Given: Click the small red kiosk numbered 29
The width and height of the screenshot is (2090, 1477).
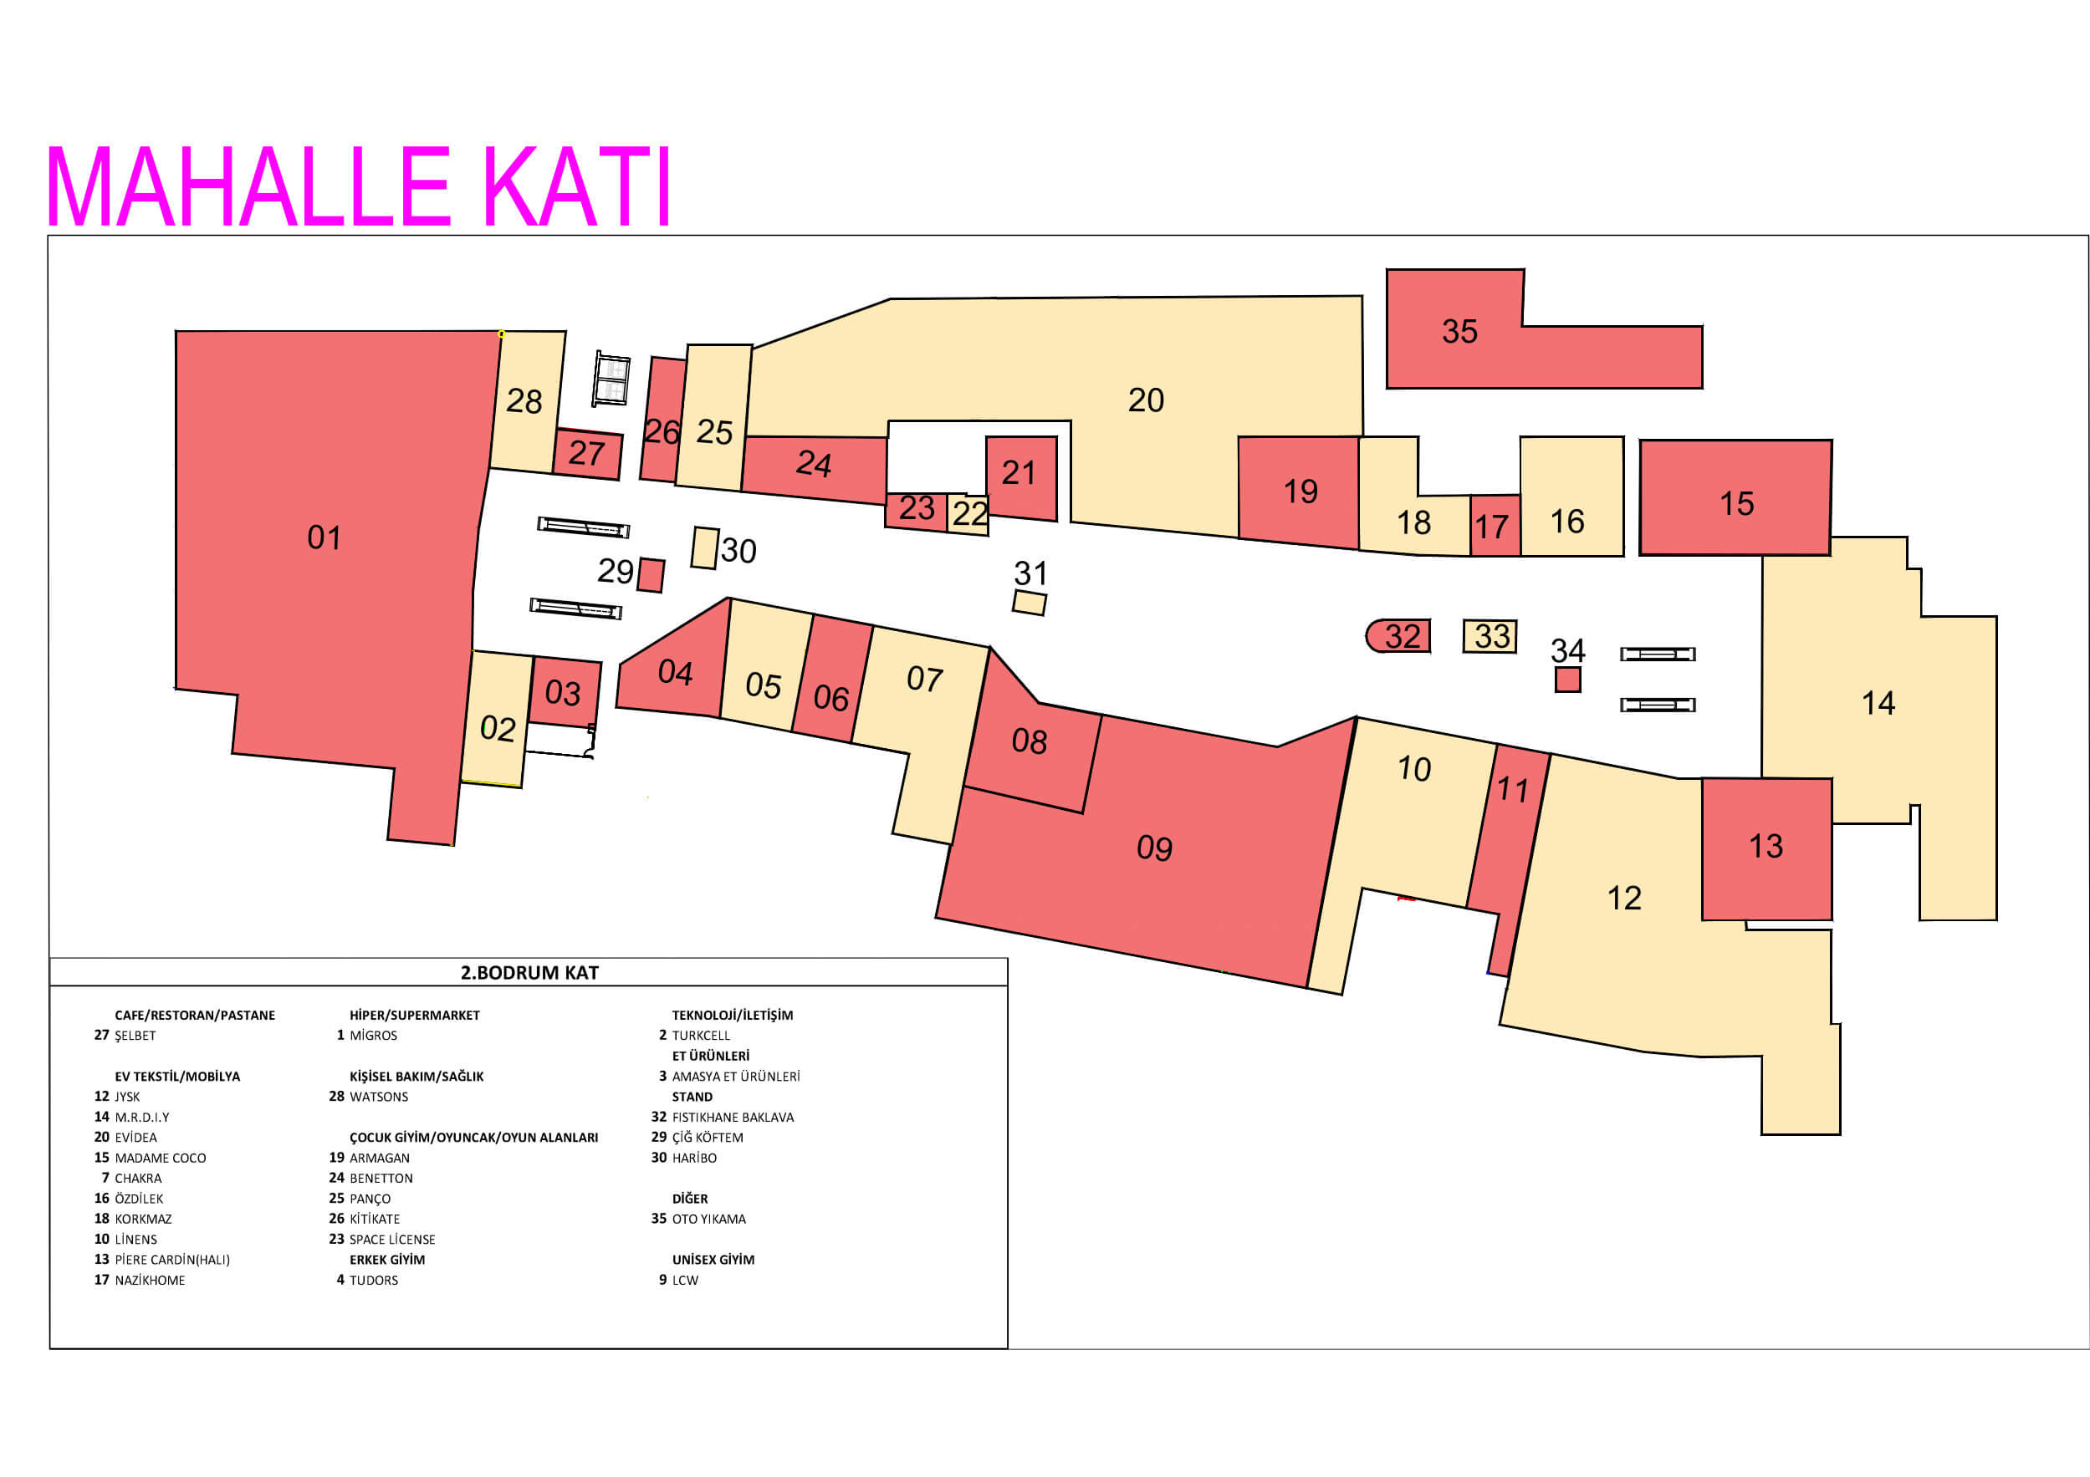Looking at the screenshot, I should [650, 575].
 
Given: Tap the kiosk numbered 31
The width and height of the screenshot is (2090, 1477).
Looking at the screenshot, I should [1029, 603].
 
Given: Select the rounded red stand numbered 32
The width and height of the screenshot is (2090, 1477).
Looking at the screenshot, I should [1398, 636].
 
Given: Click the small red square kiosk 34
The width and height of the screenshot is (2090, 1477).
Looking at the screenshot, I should [1567, 680].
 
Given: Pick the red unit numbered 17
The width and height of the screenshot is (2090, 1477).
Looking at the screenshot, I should [1495, 526].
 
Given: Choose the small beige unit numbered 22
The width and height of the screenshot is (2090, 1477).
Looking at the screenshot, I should [968, 514].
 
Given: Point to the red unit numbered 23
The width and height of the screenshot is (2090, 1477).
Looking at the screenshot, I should [916, 510].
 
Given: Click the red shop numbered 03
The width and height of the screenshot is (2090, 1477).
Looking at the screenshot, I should [564, 693].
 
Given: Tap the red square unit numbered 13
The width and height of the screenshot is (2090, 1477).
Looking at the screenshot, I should [1766, 848].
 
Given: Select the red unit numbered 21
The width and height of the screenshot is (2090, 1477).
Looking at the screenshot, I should [1020, 476].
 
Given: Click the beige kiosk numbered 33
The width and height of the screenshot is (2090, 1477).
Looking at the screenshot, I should [1490, 636].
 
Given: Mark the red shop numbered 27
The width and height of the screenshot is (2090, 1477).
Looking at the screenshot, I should [587, 454].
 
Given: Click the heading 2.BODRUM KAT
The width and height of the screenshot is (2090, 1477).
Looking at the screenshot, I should [529, 972].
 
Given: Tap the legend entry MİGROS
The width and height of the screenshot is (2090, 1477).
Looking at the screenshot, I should [373, 1036].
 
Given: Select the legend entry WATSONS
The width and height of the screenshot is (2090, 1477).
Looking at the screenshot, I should [379, 1097].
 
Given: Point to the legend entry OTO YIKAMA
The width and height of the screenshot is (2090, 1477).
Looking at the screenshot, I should [708, 1220].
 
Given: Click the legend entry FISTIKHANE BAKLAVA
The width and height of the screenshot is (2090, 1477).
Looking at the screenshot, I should [733, 1118].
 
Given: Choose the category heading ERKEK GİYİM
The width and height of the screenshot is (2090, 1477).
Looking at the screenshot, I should [387, 1260].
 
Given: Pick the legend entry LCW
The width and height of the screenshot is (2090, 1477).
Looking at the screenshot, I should [684, 1281].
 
